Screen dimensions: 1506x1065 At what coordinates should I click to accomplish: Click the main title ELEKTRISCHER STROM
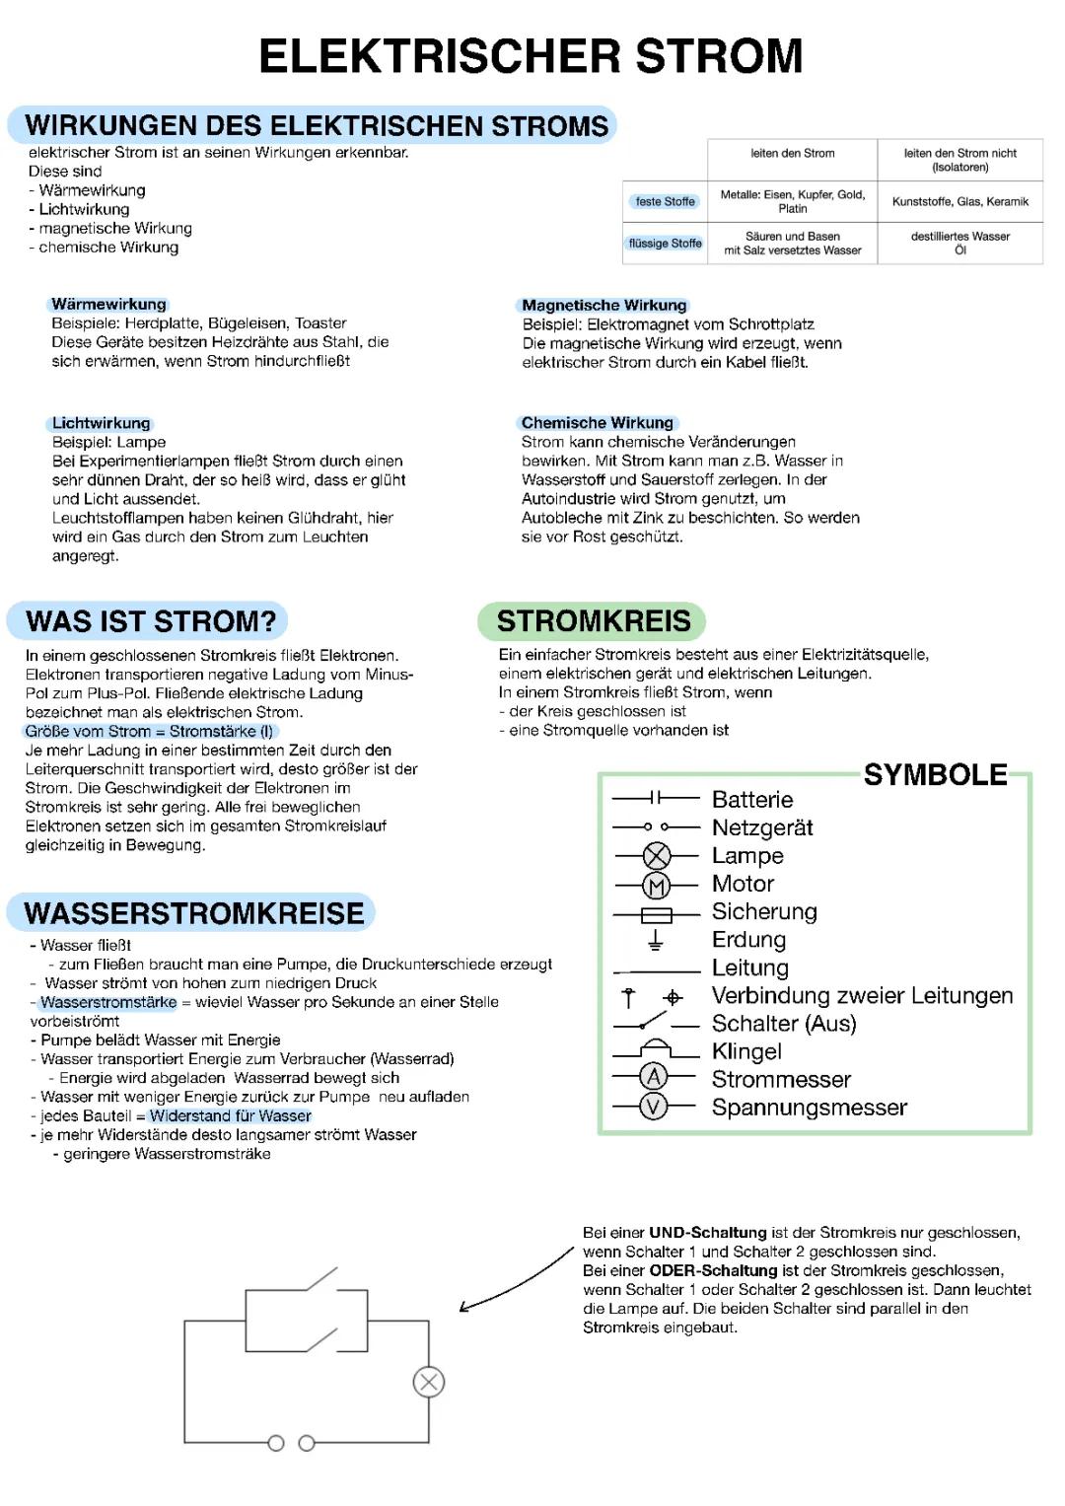click(x=531, y=56)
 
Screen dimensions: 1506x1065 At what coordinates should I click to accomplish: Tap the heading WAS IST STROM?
click(x=150, y=621)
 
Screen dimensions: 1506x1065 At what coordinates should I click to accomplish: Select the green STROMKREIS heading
click(x=593, y=621)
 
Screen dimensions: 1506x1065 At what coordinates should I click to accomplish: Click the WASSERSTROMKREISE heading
click(x=193, y=913)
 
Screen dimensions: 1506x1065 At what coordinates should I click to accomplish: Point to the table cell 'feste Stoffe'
click(x=665, y=201)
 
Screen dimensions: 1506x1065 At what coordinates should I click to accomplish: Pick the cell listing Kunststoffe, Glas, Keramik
click(x=959, y=201)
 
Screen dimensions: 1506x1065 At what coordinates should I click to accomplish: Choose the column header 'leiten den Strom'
click(x=792, y=154)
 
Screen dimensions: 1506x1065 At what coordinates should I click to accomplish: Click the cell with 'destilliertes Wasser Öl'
click(x=959, y=243)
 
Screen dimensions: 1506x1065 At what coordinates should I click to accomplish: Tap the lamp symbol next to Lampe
click(x=657, y=856)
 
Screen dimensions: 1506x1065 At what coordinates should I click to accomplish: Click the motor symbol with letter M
click(x=657, y=885)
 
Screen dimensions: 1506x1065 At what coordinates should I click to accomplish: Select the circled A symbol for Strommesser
click(x=654, y=1078)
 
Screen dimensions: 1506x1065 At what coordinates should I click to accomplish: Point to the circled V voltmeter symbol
click(x=654, y=1107)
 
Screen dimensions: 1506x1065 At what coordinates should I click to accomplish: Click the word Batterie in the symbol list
click(x=751, y=800)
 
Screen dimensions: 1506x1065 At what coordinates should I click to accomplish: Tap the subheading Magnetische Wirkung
click(x=603, y=306)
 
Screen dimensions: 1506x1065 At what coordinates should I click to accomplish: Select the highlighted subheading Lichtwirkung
click(x=101, y=423)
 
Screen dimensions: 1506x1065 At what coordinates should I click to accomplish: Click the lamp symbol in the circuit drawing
click(x=429, y=1382)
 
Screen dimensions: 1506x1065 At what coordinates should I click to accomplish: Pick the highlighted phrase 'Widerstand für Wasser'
click(x=230, y=1115)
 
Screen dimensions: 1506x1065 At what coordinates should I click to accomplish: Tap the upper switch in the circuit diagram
click(x=323, y=1280)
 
